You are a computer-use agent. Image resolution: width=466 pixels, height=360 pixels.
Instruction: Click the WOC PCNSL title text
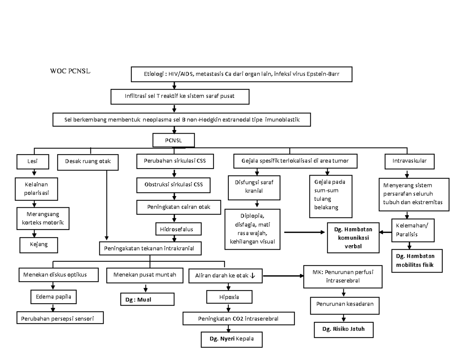[70, 71]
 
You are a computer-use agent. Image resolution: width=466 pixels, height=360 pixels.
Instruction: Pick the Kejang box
[38, 245]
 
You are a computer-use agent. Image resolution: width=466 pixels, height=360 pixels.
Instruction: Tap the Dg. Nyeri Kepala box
[231, 339]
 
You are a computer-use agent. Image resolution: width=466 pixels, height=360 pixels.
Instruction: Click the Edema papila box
[54, 297]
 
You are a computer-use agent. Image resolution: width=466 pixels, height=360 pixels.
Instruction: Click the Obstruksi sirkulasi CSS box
[174, 184]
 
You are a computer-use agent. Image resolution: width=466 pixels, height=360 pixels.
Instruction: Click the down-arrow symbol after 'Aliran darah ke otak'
[253, 276]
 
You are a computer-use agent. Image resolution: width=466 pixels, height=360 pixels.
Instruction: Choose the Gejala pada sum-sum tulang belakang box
[330, 196]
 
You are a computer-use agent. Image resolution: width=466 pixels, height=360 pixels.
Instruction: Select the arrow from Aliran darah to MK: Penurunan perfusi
[283, 276]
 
